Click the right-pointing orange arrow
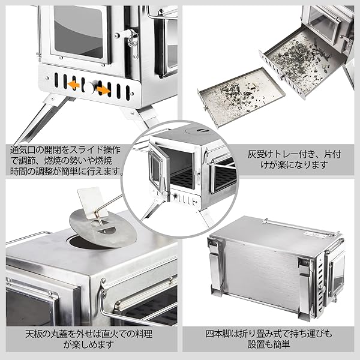click(x=103, y=90)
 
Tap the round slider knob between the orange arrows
click(x=89, y=88)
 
